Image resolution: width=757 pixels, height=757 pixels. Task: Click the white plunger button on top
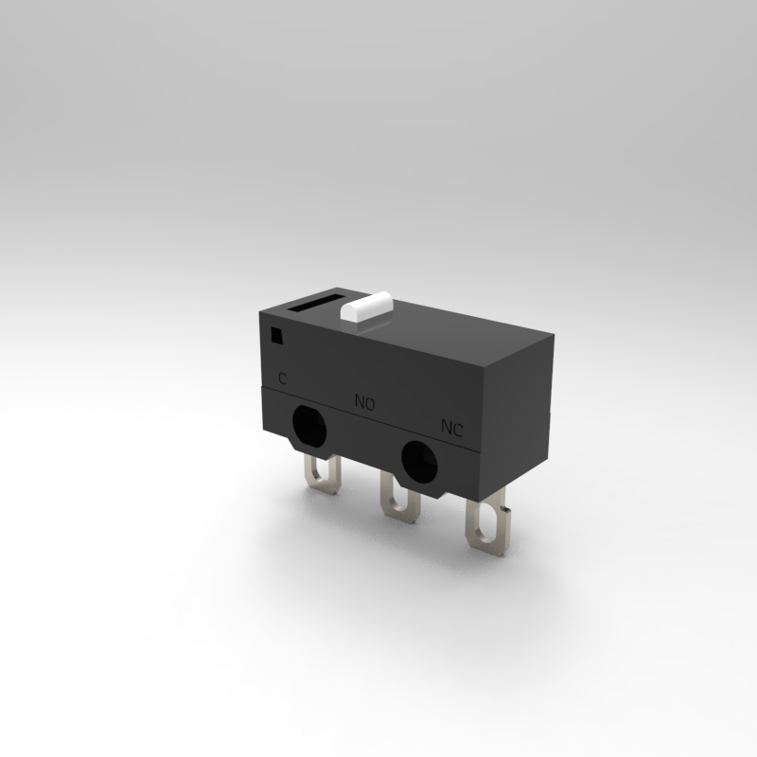366,307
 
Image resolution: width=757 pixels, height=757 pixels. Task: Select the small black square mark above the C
276,335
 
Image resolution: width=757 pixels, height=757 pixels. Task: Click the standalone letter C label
282,378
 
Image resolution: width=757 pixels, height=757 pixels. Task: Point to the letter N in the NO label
360,401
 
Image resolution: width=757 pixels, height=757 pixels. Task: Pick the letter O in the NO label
369,404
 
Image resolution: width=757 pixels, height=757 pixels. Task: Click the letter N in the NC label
447,427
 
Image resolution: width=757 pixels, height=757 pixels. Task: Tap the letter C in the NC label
458,430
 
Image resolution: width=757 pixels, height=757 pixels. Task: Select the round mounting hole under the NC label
419,462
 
